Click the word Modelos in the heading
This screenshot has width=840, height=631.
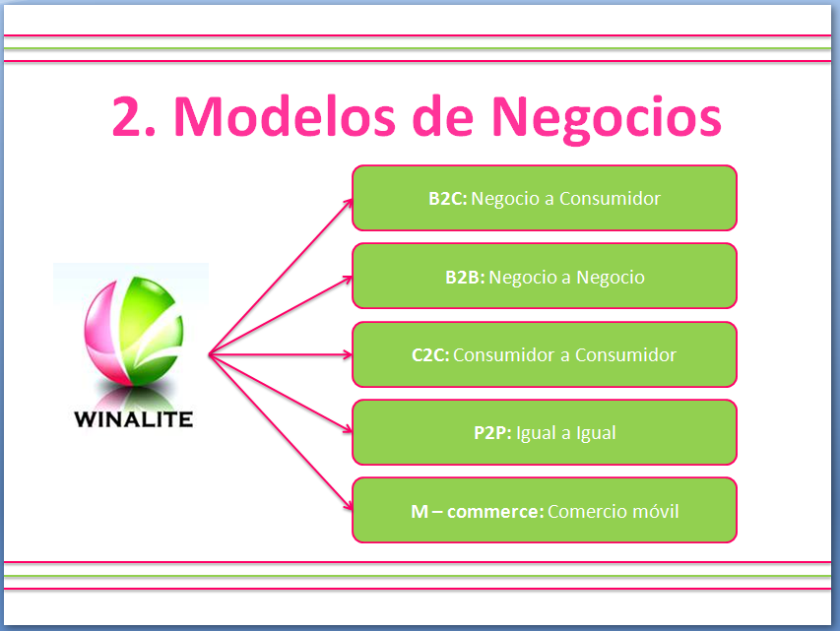285,116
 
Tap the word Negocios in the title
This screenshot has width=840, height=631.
607,119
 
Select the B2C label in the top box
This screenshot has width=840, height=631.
448,199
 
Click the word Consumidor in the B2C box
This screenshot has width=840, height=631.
610,199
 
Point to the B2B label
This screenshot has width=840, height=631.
465,278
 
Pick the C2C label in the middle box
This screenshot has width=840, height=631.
430,355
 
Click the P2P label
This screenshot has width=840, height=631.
492,433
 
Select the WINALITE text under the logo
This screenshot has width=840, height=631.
133,419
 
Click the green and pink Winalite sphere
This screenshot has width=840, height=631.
133,331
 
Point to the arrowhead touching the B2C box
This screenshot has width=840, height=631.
349,203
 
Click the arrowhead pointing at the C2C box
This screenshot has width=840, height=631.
349,354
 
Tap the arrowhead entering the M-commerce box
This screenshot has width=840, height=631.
349,506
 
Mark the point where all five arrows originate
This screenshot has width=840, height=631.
209,354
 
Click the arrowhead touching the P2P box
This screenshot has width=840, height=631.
349,429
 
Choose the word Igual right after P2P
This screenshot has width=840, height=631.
537,433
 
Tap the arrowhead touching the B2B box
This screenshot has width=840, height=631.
349,279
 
